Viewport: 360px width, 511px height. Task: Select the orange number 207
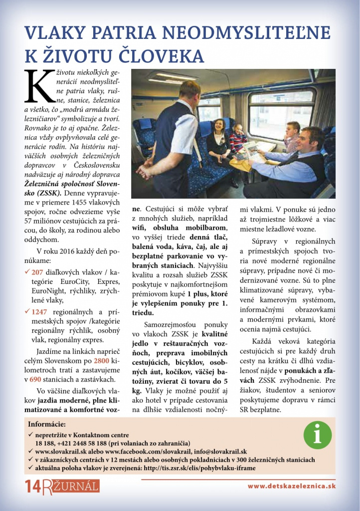click(x=37, y=272)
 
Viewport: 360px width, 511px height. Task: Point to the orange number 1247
click(x=39, y=311)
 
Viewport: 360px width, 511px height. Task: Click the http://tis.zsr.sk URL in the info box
click(x=199, y=468)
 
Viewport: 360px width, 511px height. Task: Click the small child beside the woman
click(x=238, y=137)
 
